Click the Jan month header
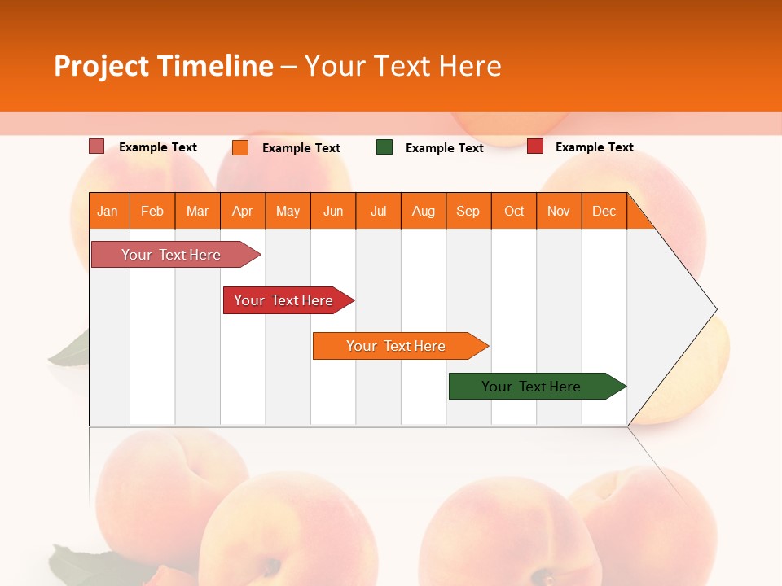[108, 211]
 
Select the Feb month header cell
[152, 211]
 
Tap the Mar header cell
[197, 211]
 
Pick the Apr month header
[243, 211]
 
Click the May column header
[288, 211]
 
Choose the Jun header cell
[333, 211]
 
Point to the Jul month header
[378, 211]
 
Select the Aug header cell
[424, 211]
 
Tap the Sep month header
[468, 211]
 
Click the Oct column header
[514, 211]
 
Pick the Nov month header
[559, 211]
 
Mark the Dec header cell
[604, 211]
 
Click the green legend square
[384, 147]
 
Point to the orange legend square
[240, 147]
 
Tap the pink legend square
[97, 146]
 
